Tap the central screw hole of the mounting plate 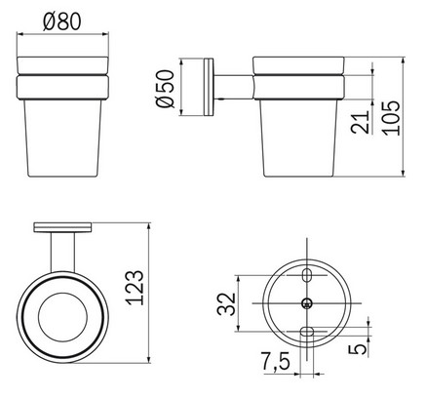pos(307,302)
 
